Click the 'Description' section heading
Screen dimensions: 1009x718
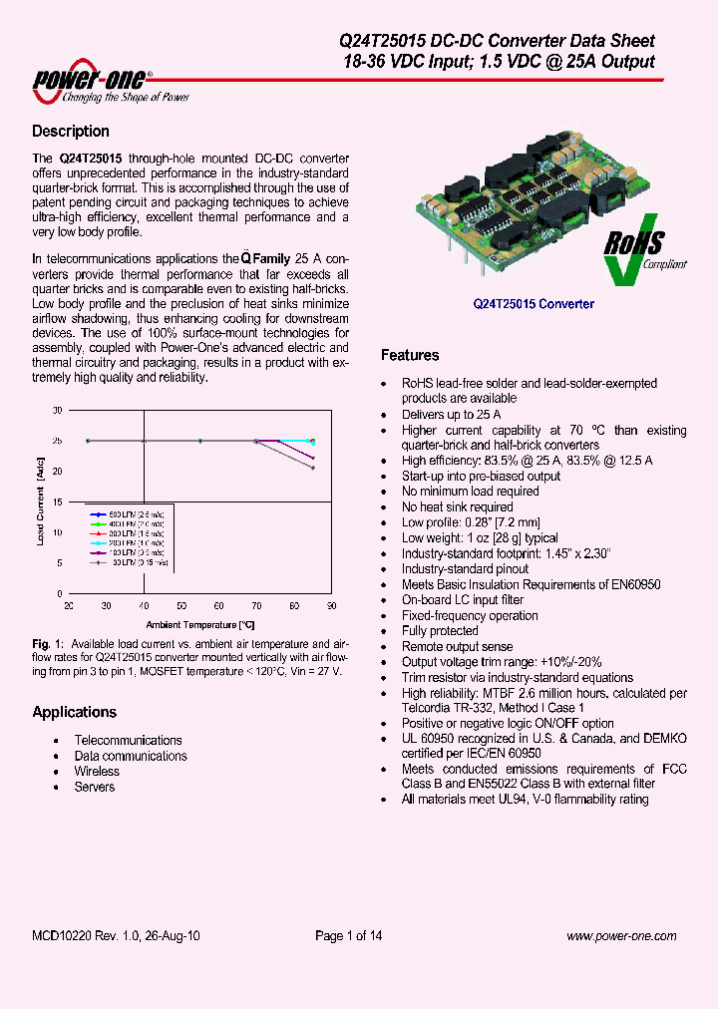[70, 132]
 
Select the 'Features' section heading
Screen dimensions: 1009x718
[410, 355]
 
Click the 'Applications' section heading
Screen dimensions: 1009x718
[74, 712]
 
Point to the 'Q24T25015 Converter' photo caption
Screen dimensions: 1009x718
[533, 304]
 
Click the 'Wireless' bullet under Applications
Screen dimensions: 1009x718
[97, 772]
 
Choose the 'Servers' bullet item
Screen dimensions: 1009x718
[94, 787]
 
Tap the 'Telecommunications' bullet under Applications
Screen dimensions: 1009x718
[128, 740]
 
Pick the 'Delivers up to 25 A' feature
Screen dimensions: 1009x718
[451, 414]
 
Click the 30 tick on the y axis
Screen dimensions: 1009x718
[57, 410]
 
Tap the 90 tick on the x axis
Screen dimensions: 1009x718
[331, 605]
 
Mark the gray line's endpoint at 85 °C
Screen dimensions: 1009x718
[313, 468]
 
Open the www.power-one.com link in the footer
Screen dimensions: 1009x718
[621, 935]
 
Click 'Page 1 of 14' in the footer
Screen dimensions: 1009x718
[348, 935]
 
